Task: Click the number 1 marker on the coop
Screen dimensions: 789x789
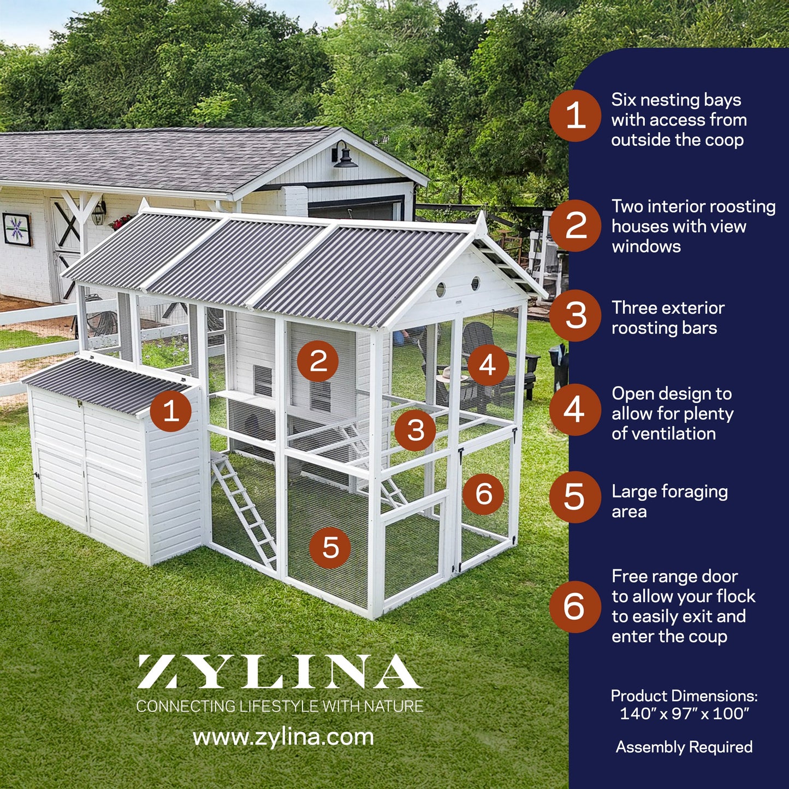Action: (x=170, y=411)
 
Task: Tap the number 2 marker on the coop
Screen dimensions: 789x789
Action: (x=318, y=361)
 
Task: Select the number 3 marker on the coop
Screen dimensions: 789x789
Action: (x=415, y=430)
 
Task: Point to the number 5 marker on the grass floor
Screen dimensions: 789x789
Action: (x=330, y=548)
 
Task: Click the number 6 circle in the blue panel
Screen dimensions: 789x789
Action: (x=576, y=607)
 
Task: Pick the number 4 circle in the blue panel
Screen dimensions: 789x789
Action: (x=576, y=410)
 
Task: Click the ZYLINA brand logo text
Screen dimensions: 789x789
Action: (x=279, y=672)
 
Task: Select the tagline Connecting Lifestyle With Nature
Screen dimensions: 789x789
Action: (x=280, y=707)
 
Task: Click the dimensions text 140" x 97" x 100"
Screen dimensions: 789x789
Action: (x=684, y=714)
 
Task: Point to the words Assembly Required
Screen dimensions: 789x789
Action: (x=684, y=747)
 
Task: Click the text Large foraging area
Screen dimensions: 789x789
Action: (x=670, y=501)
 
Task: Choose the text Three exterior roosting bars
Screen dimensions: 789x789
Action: (x=668, y=318)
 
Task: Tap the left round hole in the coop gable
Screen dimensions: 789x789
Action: (x=441, y=290)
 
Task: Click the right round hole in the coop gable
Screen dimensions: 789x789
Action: (x=476, y=283)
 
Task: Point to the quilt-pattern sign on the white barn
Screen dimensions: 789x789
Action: (x=17, y=229)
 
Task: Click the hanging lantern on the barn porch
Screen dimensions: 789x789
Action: (x=98, y=213)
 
